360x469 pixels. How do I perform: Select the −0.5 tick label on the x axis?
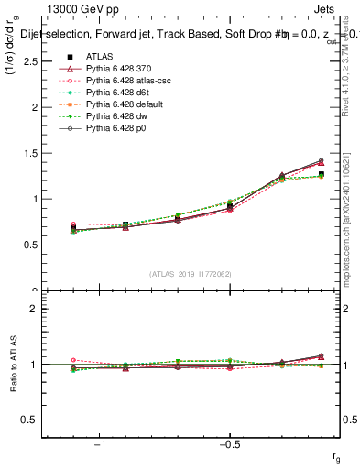pos(228,445)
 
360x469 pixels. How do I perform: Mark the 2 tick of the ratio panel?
pos(37,309)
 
